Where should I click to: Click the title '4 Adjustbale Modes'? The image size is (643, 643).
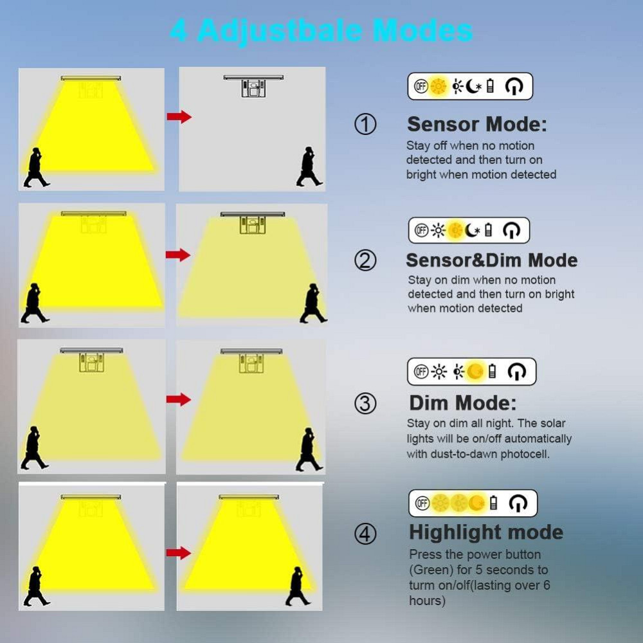click(321, 31)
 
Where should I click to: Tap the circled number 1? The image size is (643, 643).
click(365, 124)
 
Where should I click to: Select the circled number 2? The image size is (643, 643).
click(365, 260)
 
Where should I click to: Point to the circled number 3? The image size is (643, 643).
click(365, 403)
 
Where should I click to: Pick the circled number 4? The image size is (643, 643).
click(365, 534)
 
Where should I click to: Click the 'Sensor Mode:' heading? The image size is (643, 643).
click(477, 124)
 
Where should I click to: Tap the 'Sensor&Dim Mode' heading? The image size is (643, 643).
click(492, 260)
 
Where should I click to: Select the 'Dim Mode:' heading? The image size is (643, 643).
click(462, 403)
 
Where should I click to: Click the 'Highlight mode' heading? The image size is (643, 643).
click(486, 532)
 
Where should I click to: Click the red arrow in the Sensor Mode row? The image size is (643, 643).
click(179, 117)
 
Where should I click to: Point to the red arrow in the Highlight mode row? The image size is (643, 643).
click(179, 553)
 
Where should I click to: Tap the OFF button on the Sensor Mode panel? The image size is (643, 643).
click(421, 87)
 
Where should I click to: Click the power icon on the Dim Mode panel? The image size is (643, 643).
click(516, 372)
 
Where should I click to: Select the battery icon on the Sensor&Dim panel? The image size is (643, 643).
click(488, 230)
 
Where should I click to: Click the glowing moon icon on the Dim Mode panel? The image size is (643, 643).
click(476, 372)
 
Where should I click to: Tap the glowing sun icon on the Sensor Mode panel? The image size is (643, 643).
click(439, 87)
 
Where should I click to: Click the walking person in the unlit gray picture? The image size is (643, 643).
click(309, 167)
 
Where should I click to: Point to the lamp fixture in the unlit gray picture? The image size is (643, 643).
click(253, 86)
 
